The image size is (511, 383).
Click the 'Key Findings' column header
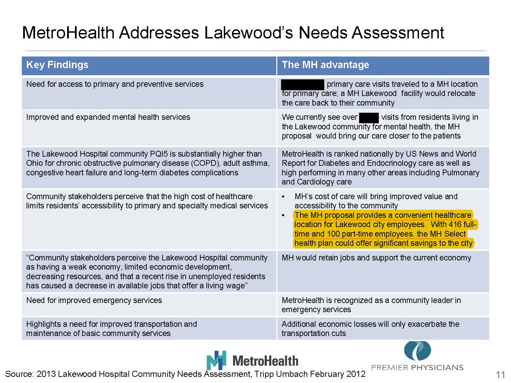tap(57, 65)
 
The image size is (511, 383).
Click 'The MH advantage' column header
tap(325, 65)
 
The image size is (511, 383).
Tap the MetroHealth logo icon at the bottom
tap(216, 360)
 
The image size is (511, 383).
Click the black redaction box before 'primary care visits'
tap(303, 84)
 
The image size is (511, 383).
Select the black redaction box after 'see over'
tap(369, 117)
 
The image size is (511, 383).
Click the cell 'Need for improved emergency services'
tap(94, 300)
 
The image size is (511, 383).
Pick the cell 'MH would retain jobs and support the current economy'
tap(376, 258)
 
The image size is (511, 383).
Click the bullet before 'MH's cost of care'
tap(283, 197)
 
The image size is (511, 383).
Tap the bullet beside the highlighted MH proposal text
tap(283, 216)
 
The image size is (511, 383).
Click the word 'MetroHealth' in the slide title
tap(68, 33)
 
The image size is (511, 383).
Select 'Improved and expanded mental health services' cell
tap(108, 117)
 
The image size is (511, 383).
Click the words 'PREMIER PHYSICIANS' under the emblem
tap(417, 368)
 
